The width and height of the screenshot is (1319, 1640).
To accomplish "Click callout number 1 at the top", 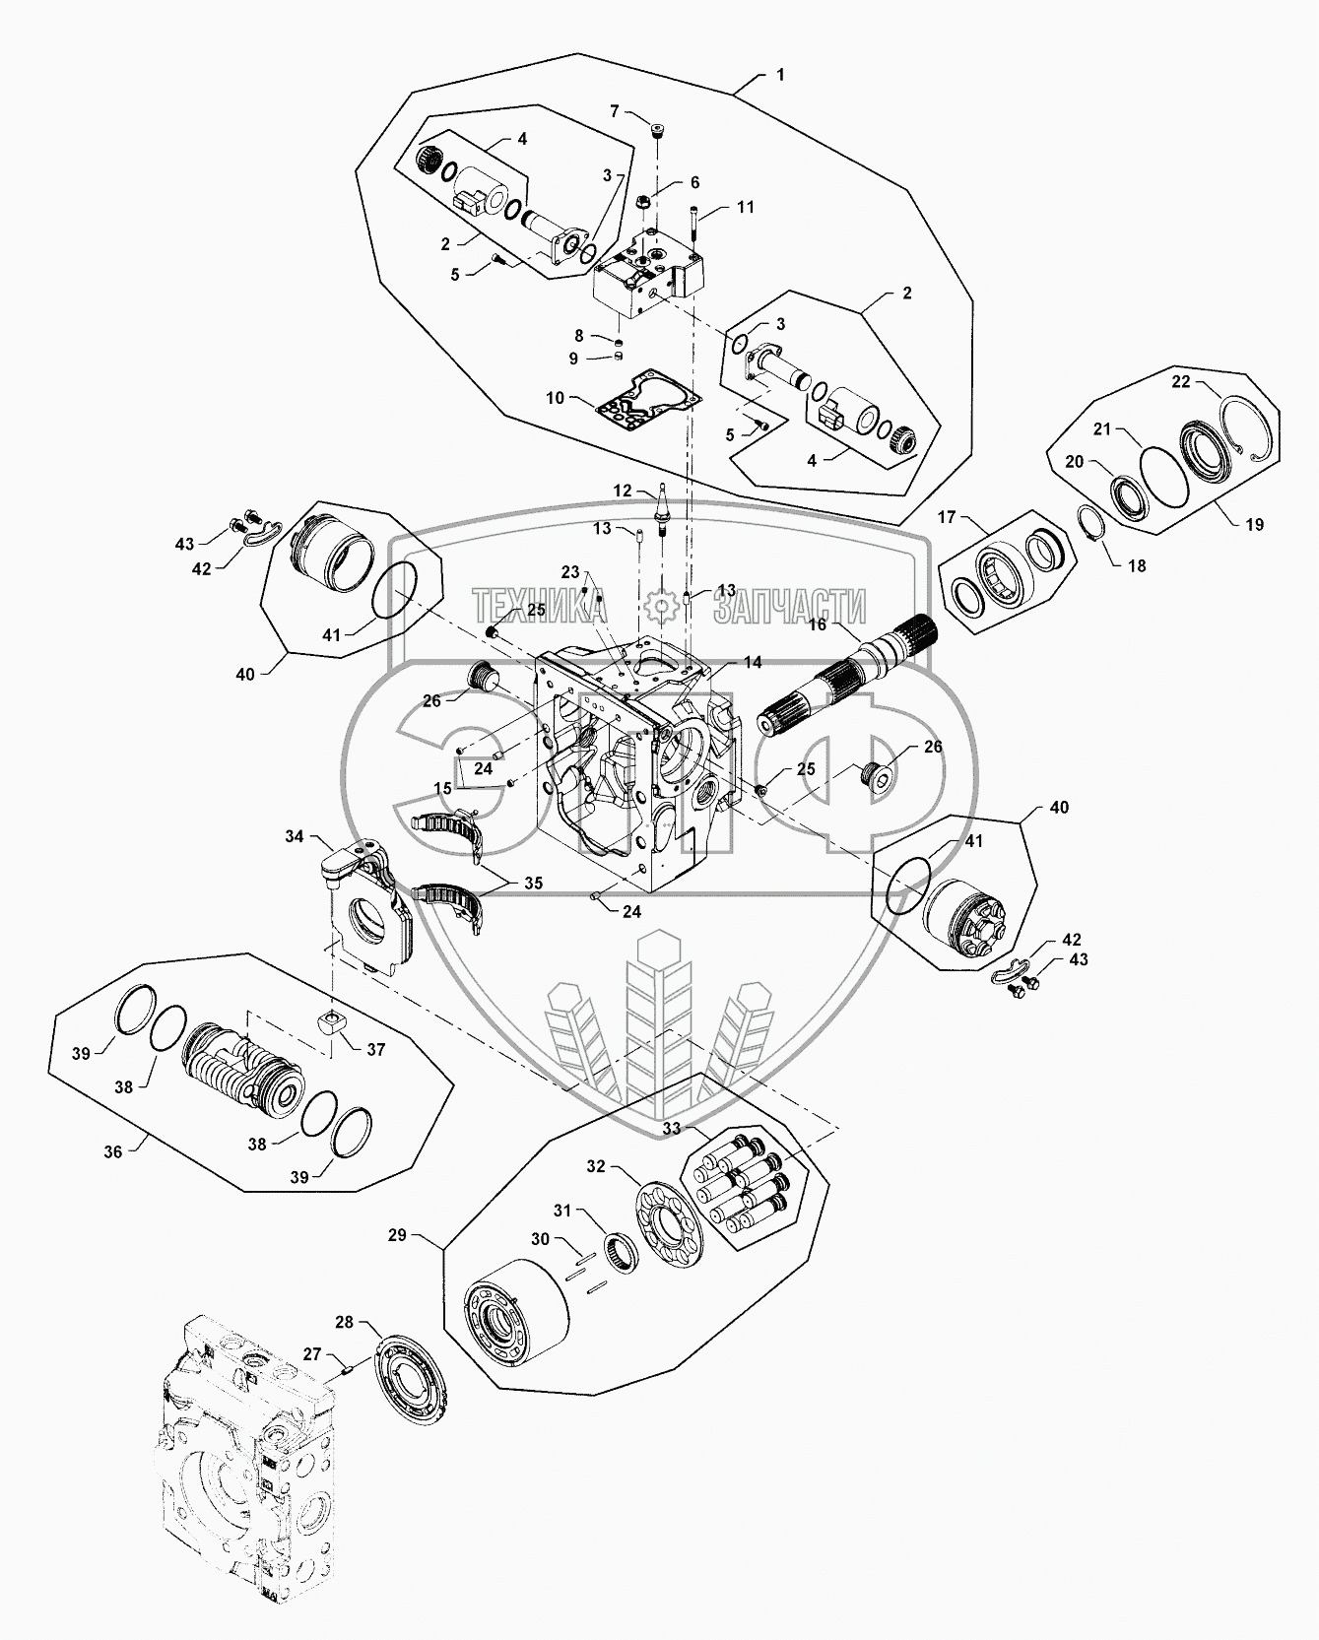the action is point(780,75).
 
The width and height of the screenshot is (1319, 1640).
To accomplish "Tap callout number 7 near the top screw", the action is point(615,111).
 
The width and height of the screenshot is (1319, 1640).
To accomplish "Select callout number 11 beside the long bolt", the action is point(746,207).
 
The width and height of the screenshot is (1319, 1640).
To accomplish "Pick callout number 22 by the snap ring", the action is point(1180,381).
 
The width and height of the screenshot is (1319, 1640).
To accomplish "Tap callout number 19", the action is point(1253,525).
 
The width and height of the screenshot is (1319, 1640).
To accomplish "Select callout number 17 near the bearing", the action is point(947,516).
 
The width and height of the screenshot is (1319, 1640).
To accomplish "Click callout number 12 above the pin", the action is point(623,491).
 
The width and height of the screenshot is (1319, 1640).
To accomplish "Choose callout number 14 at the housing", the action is point(753,663).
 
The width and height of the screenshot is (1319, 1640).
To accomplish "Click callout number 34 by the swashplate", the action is point(295,836).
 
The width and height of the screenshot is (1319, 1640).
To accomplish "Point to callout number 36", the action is point(114,1150).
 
